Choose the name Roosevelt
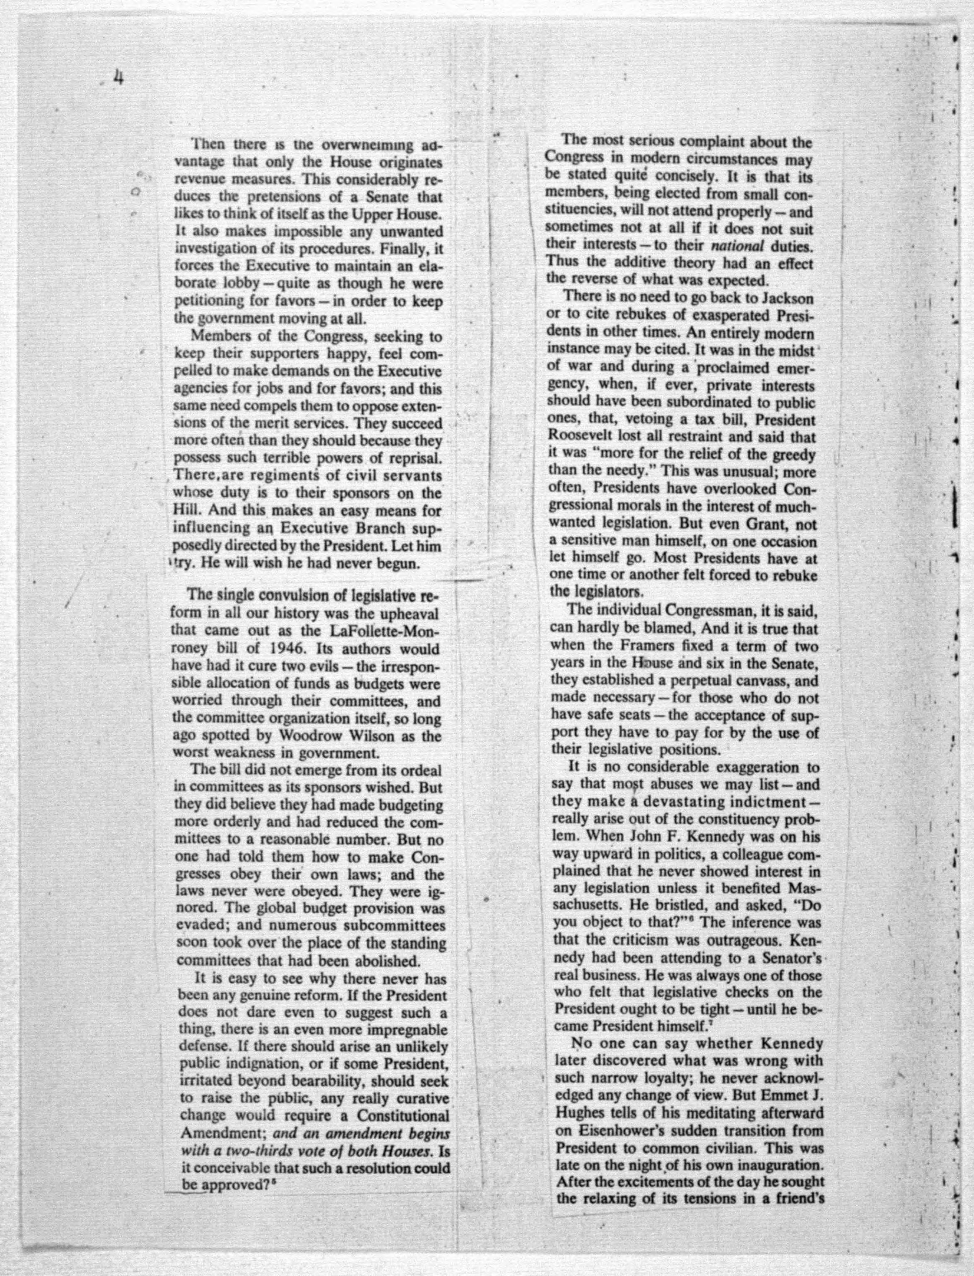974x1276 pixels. tap(583, 438)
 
